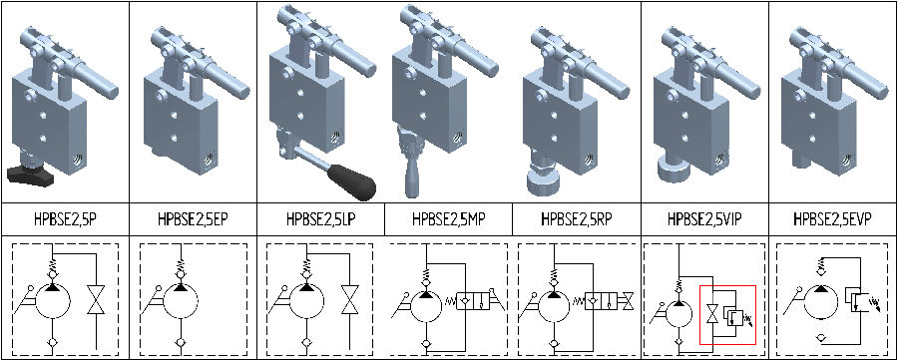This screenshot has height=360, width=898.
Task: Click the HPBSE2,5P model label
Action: [65, 218]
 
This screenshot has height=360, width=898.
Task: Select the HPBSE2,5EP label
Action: [193, 218]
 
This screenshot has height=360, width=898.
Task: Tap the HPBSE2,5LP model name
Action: [320, 218]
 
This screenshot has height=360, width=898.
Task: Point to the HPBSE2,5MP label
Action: [448, 218]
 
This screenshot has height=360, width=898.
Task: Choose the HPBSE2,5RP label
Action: [576, 218]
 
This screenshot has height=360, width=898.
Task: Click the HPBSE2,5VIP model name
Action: [705, 218]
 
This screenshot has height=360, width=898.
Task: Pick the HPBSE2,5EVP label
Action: [834, 218]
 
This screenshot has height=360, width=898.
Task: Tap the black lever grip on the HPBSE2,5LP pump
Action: [352, 180]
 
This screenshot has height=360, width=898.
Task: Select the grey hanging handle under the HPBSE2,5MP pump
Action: [411, 173]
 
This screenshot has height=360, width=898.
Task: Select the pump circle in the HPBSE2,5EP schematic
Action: [181, 305]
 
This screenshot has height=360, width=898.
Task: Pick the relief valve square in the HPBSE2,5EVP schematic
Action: [856, 299]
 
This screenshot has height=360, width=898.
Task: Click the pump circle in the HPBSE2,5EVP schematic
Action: [821, 305]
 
